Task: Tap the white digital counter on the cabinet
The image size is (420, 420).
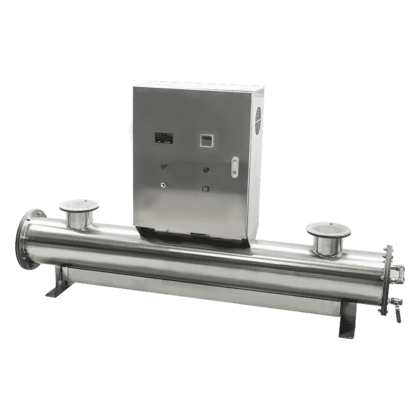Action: click(x=206, y=139)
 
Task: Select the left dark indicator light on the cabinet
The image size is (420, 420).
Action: click(x=162, y=167)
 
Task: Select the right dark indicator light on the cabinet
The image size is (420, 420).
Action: click(x=206, y=169)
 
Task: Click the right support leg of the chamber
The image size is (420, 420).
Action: click(x=348, y=321)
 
